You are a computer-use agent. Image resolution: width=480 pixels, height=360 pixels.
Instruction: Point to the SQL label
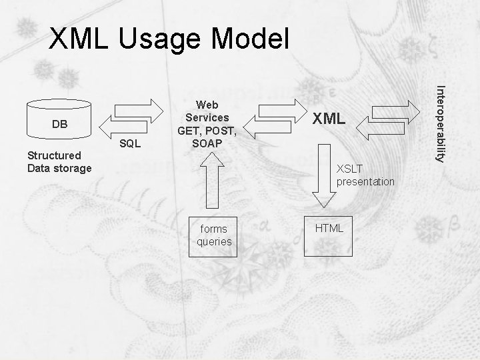130,144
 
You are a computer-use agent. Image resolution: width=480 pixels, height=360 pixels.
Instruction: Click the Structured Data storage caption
59,161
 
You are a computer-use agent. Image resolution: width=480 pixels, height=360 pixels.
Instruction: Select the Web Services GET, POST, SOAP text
207,124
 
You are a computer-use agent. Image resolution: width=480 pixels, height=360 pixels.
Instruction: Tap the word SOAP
207,143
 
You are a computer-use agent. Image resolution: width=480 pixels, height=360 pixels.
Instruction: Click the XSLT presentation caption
365,175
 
